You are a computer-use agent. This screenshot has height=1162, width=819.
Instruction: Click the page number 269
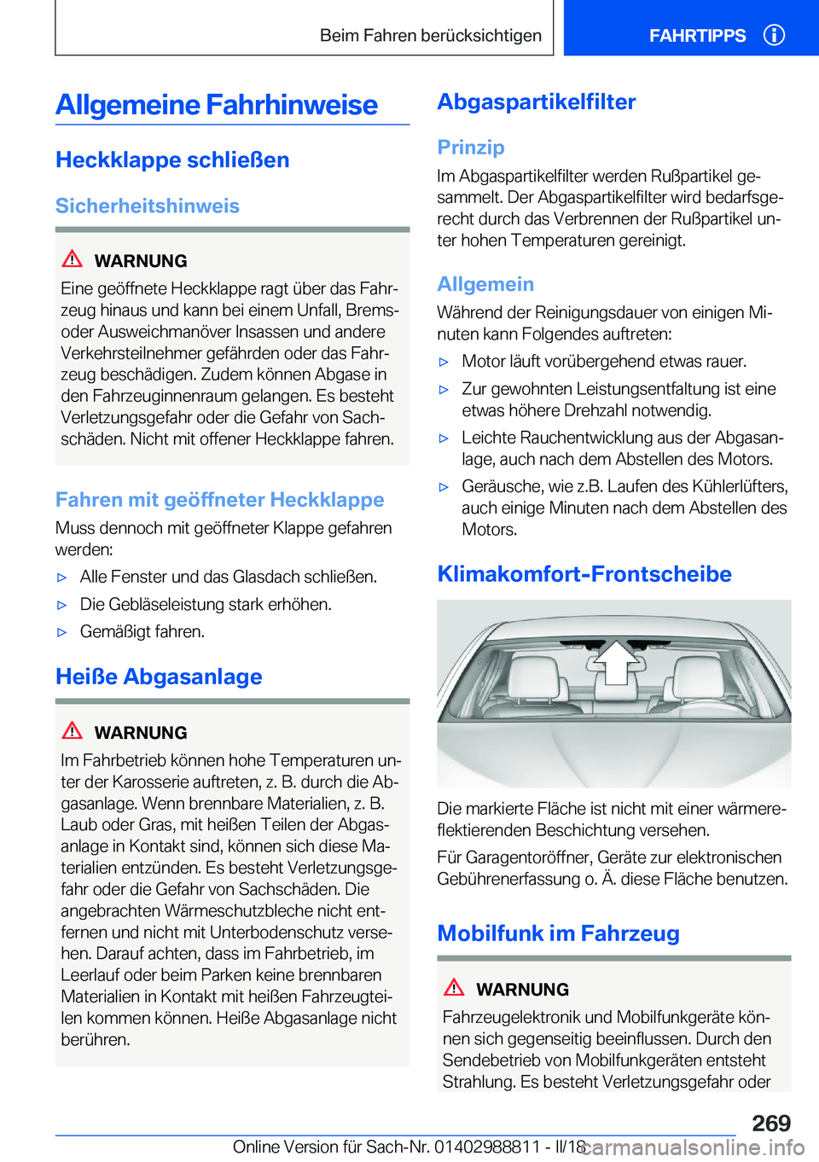(x=770, y=1123)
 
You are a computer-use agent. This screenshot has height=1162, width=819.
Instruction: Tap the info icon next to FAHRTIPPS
(x=774, y=35)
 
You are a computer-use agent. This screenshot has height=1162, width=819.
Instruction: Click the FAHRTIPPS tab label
(x=697, y=36)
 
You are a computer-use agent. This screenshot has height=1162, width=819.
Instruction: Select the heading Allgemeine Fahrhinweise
(x=217, y=105)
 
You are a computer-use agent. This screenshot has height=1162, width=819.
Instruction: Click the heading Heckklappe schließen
(x=172, y=160)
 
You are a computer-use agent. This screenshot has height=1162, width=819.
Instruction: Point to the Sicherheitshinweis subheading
(x=148, y=206)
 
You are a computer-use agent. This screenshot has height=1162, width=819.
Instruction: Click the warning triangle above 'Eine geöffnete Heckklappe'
(x=73, y=259)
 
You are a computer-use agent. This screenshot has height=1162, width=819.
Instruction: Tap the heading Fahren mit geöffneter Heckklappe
(x=219, y=499)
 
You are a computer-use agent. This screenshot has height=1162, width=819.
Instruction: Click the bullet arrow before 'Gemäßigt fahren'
(x=61, y=632)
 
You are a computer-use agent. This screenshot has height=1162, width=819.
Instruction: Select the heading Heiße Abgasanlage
(x=159, y=677)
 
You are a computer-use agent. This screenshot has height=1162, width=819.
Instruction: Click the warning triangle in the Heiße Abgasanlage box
(x=73, y=730)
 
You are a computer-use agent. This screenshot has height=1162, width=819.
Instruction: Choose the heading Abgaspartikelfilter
(x=537, y=102)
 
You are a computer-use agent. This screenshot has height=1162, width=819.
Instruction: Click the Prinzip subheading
(x=471, y=147)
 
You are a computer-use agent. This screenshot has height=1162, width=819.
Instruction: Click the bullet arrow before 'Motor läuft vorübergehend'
(x=444, y=362)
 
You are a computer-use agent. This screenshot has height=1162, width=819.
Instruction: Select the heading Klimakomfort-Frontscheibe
(x=584, y=573)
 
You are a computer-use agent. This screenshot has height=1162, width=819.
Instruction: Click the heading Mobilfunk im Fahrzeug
(x=558, y=933)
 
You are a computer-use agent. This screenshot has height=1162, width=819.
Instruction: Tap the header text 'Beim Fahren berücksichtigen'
(x=431, y=36)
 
